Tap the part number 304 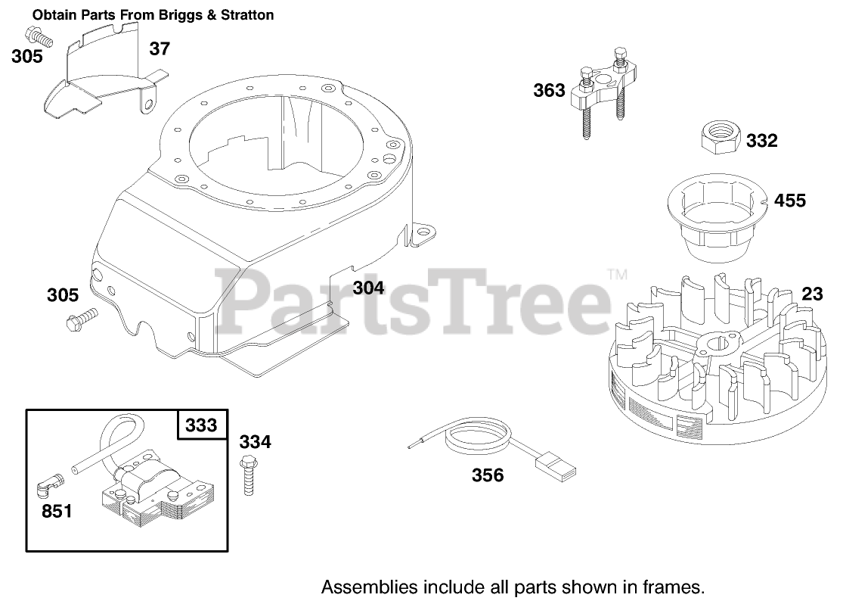tap(368, 288)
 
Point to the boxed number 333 tap(201, 425)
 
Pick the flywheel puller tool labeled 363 tap(606, 95)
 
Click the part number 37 tap(160, 49)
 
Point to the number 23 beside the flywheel tap(812, 293)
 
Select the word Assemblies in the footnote tap(361, 587)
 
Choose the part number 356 tap(488, 475)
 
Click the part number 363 tap(549, 91)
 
